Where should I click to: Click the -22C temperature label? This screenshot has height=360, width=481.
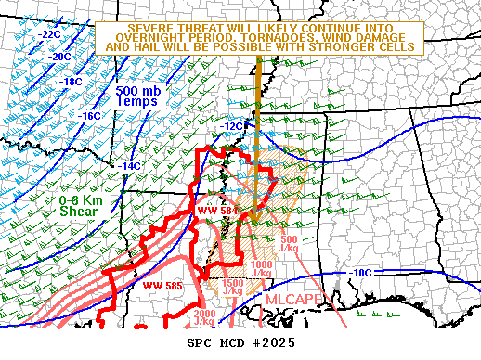tap(50, 34)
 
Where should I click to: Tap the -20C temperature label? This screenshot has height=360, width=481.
tap(60, 57)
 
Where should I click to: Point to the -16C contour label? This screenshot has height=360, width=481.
tap(90, 116)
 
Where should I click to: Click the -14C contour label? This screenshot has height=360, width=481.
tap(131, 166)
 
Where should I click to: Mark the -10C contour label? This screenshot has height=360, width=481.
tap(361, 273)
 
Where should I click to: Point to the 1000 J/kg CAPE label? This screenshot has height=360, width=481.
tap(262, 269)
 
